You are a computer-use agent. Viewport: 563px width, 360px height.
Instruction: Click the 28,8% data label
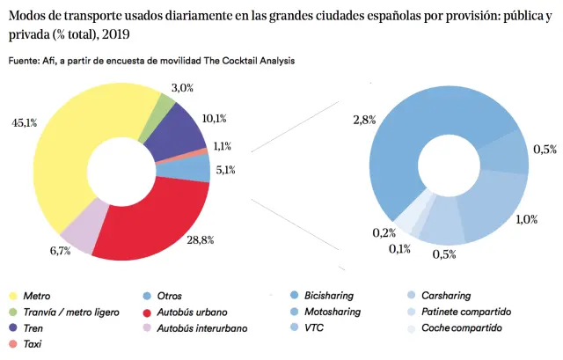click(x=224, y=239)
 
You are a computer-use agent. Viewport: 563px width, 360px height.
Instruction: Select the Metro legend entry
click(x=36, y=297)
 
